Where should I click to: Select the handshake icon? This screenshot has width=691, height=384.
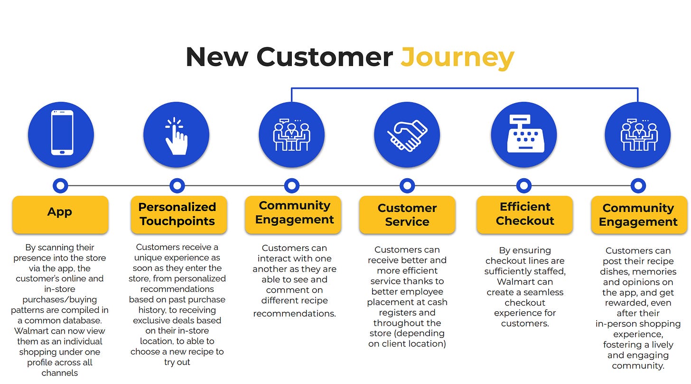point(407,135)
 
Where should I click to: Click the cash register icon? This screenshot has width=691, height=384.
point(523,134)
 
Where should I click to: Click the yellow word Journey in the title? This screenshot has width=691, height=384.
point(457,57)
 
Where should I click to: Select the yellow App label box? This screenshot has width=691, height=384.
point(60,214)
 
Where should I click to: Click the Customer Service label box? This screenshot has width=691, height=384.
point(407,215)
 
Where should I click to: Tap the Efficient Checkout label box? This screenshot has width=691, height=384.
point(524,214)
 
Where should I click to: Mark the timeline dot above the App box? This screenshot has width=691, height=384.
point(60,186)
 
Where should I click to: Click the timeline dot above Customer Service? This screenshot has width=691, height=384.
point(407,186)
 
